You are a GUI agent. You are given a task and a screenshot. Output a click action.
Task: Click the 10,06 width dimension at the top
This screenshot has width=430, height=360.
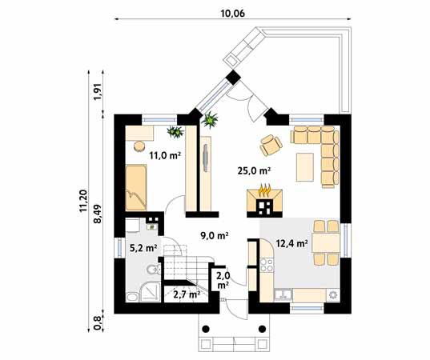(232, 14)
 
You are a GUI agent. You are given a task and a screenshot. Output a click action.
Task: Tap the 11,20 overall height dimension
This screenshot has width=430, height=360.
(83, 200)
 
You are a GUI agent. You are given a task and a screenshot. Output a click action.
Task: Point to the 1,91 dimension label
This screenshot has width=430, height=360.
(98, 92)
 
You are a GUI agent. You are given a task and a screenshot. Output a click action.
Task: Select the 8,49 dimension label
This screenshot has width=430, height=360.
(98, 214)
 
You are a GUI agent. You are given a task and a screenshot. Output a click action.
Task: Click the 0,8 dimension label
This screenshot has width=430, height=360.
(98, 322)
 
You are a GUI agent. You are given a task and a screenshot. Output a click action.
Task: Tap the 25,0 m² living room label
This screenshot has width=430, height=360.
(254, 171)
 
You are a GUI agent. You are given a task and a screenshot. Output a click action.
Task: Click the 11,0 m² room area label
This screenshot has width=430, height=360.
(165, 156)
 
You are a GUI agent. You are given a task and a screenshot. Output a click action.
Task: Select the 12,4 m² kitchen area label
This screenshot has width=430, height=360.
(291, 243)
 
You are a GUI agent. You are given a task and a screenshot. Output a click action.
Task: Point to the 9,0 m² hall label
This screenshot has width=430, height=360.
(215, 236)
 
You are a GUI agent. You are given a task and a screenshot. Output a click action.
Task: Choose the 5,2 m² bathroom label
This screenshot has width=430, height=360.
(143, 249)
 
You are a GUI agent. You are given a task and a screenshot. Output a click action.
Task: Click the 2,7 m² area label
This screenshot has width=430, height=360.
(187, 294)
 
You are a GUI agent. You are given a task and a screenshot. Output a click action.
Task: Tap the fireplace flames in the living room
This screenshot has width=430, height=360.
(264, 190)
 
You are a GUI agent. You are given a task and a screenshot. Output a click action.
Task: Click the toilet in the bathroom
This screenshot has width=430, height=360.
(153, 270)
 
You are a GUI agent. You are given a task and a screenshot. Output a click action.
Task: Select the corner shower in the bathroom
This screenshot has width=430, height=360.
(151, 293)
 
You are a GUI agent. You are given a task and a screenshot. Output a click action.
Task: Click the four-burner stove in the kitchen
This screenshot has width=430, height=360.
(267, 265)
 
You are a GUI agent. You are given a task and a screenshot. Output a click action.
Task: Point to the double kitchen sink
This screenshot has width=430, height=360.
(283, 294)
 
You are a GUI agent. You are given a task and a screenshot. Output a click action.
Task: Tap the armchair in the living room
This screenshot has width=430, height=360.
(271, 145)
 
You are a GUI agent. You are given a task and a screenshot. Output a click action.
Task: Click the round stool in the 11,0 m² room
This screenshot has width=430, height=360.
(140, 146)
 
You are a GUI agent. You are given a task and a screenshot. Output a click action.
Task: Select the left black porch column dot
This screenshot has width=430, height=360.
(207, 329)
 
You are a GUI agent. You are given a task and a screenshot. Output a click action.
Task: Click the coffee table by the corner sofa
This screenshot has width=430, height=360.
(304, 167)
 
